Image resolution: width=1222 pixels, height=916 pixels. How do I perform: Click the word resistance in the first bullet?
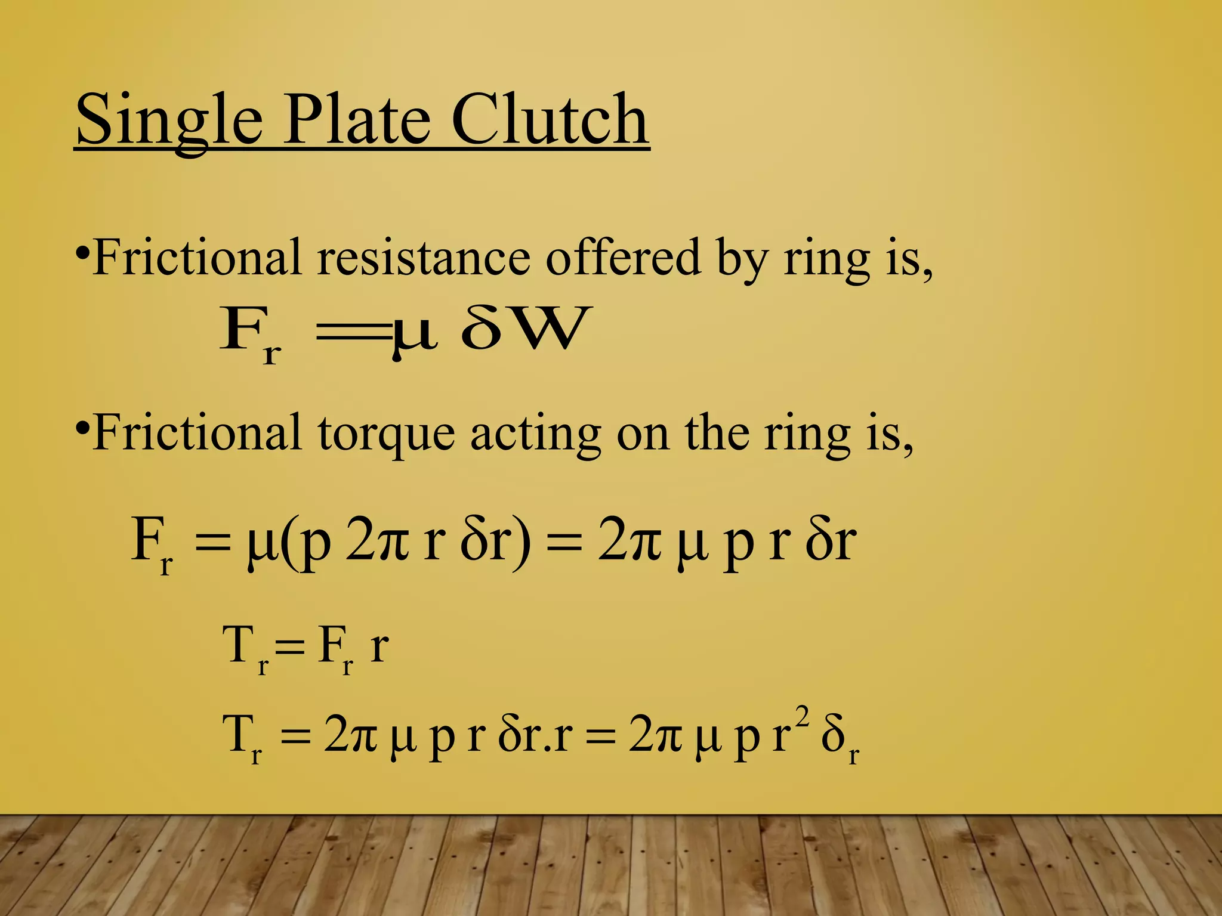tap(423, 258)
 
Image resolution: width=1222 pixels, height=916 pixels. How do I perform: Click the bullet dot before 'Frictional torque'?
tap(83, 428)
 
